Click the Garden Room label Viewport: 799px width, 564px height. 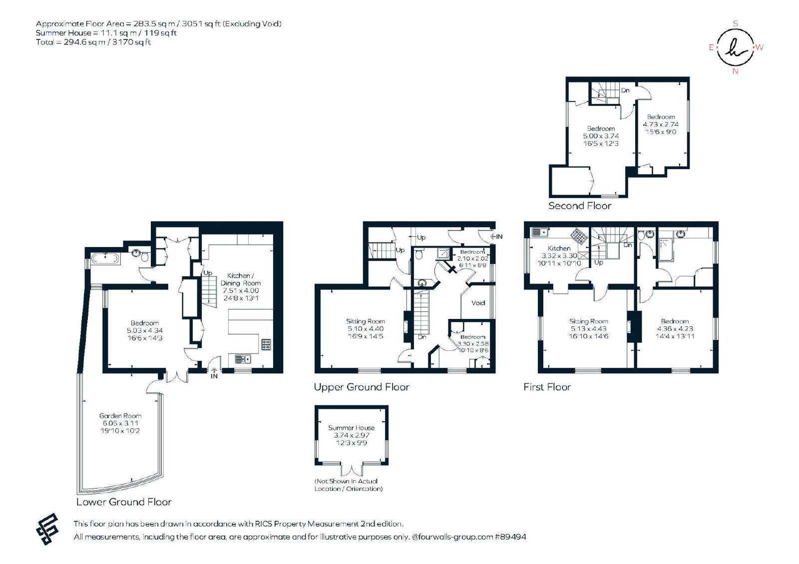120,416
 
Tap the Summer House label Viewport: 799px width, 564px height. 352,428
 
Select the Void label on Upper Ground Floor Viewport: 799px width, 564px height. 478,303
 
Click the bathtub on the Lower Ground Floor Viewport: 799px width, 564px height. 105,258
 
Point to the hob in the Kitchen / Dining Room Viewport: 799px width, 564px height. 266,344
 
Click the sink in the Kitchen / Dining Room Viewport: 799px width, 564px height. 243,359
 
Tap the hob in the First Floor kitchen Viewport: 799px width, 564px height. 579,237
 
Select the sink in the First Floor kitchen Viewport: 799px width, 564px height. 540,233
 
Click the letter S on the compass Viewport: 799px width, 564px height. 735,24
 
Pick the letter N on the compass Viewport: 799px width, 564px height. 735,71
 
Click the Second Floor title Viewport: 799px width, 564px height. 580,206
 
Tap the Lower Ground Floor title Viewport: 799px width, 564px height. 124,502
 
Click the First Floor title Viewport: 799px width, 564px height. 547,387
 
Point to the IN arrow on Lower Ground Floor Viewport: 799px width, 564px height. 214,371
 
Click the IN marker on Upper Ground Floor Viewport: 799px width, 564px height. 496,237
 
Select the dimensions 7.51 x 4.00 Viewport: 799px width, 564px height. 241,290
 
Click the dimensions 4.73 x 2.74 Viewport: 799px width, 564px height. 661,124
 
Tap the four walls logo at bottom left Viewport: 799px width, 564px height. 47,529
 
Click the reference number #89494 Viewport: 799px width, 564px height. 510,537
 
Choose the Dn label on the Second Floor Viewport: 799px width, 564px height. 625,90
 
